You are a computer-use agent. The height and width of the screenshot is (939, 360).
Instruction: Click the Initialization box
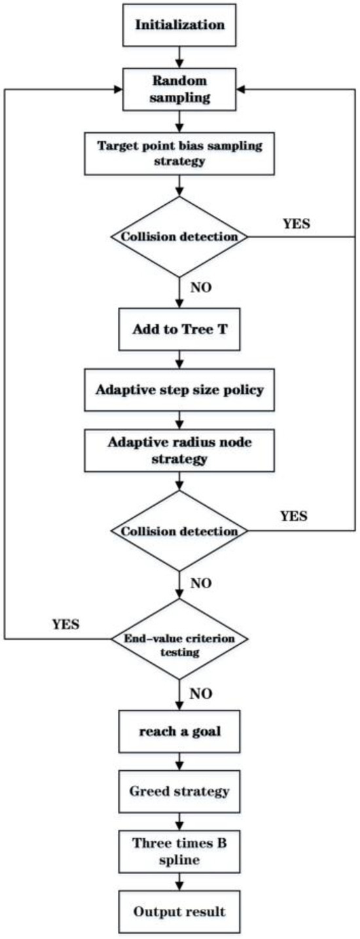180,26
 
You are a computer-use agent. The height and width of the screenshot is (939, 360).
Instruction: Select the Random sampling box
180,90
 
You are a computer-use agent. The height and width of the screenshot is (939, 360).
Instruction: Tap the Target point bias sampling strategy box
180,153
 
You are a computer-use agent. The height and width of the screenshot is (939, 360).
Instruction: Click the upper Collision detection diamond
180,236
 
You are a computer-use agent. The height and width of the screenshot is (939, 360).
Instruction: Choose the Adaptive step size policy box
180,391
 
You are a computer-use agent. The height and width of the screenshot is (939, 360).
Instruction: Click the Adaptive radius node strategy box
180,450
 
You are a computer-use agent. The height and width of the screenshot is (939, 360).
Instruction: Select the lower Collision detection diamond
180,530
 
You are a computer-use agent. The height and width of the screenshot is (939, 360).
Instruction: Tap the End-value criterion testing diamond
180,639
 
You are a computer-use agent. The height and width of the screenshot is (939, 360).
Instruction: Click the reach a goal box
180,731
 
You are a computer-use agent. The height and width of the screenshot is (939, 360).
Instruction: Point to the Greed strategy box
180,792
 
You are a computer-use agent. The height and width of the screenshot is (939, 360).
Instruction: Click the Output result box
180,911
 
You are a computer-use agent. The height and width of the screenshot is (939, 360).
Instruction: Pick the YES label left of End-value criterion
66,624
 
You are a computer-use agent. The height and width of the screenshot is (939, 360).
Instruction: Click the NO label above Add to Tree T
201,287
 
